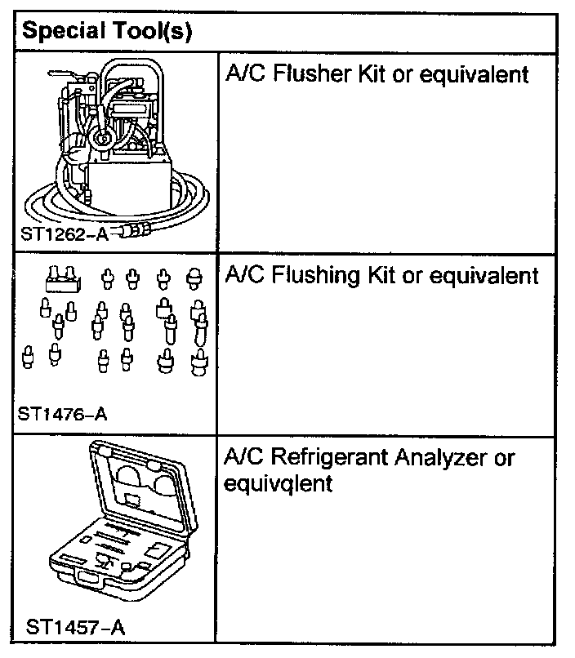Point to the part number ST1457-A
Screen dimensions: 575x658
click(75, 628)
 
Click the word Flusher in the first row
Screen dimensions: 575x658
click(311, 75)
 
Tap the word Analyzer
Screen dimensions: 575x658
click(442, 458)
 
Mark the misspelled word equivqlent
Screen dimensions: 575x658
click(278, 483)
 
